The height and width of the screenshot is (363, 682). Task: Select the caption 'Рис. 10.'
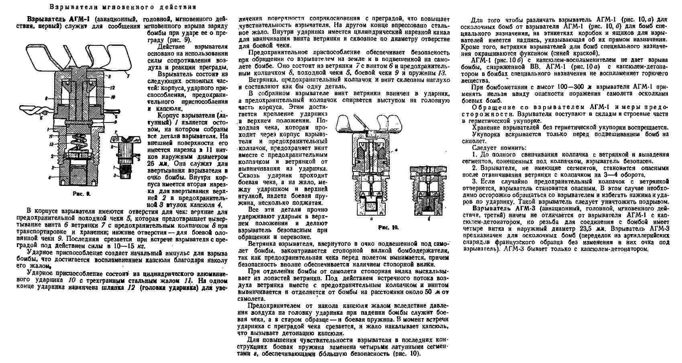pos(388,228)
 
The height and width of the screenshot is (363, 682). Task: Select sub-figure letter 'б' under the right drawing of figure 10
pos(429,219)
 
